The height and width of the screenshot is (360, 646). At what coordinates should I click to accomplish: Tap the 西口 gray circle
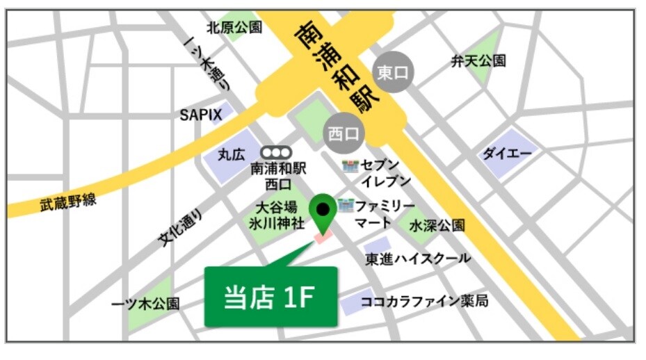pos(344,132)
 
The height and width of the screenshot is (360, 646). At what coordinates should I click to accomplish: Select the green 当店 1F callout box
pos(270,297)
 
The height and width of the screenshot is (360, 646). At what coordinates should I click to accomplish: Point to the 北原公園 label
pos(234,28)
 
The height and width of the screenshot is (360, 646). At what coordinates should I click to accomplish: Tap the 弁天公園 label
pos(479,61)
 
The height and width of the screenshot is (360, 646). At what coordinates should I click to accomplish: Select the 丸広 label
pos(231,154)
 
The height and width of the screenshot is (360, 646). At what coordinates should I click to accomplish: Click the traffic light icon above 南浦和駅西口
pos(276,152)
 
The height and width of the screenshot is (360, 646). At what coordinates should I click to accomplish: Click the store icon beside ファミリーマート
pos(346,206)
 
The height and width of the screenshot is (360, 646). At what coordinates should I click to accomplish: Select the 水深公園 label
pos(437,226)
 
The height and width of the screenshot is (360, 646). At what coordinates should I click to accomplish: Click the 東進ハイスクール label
pos(419,259)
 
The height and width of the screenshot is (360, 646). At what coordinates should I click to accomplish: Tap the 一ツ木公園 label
pos(145,304)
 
